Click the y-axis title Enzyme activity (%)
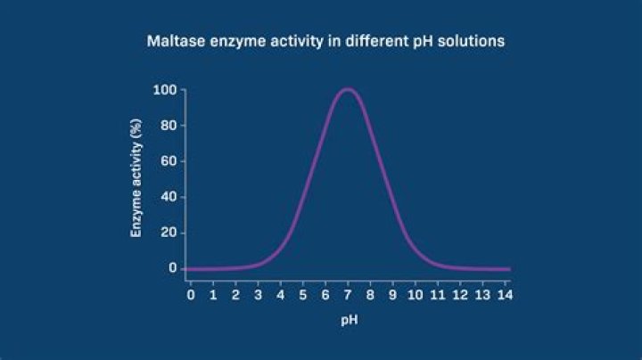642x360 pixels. click(x=137, y=180)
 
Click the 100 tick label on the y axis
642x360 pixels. click(x=163, y=90)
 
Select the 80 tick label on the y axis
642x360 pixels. click(x=167, y=126)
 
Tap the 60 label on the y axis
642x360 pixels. click(x=167, y=161)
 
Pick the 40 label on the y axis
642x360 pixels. click(x=167, y=197)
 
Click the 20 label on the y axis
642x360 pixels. click(x=167, y=233)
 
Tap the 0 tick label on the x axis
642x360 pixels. click(x=190, y=292)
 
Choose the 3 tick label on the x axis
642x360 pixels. click(x=258, y=292)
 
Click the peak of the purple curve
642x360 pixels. click(x=348, y=89)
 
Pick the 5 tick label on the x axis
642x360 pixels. click(x=303, y=292)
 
